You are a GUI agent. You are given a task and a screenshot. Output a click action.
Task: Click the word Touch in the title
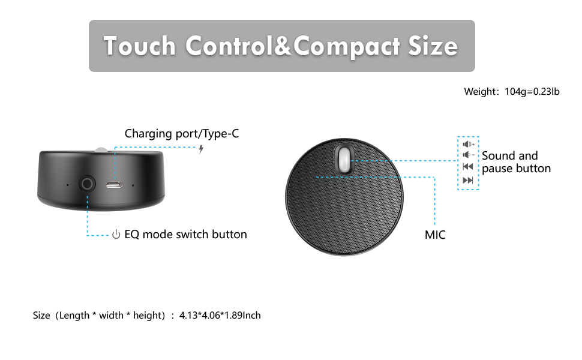coord(139,46)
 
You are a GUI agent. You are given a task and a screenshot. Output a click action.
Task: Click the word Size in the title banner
coord(433,46)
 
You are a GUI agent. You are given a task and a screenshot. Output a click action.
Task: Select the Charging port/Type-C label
coord(181,133)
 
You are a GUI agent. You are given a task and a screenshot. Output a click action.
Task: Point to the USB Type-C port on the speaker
coord(113,184)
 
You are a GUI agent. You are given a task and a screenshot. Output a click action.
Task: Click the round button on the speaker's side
coord(88,184)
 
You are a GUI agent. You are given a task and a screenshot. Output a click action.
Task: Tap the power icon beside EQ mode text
coord(116,235)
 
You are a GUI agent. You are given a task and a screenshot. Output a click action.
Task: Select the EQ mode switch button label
coord(185,234)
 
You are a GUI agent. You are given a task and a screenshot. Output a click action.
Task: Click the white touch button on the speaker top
coord(343,160)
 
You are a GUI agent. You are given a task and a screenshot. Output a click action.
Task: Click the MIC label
coord(435,235)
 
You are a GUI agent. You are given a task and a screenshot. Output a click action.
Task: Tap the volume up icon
coord(469,144)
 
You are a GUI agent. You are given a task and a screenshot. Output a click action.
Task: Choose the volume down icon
coord(469,155)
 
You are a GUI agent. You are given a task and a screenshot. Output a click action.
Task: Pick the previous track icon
coord(468,167)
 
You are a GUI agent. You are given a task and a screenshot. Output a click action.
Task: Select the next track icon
coord(468,181)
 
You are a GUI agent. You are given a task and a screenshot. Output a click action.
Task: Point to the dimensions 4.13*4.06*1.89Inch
coord(220,315)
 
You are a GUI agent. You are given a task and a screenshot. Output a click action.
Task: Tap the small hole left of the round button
coord(67,185)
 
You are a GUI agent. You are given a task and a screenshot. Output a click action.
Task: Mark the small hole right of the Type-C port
coord(133,185)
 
